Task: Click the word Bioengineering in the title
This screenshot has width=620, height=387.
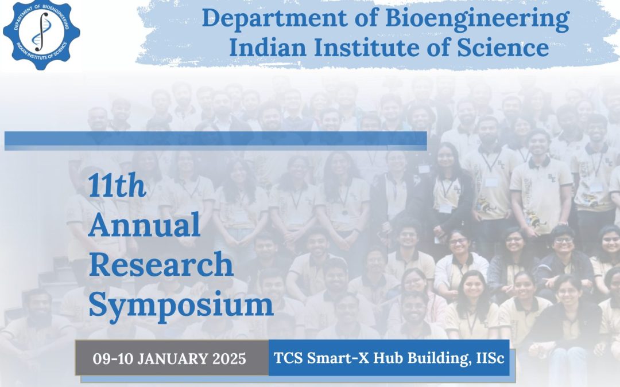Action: (477, 18)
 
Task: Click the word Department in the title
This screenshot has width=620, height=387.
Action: (274, 18)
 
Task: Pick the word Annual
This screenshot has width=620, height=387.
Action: (144, 224)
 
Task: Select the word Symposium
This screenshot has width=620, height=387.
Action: (181, 307)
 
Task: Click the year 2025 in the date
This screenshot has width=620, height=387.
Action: (229, 359)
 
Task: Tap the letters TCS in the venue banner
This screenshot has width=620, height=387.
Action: (288, 358)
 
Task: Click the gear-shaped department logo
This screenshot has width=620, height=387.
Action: (41, 35)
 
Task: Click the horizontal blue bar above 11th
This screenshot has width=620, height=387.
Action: (215, 141)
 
